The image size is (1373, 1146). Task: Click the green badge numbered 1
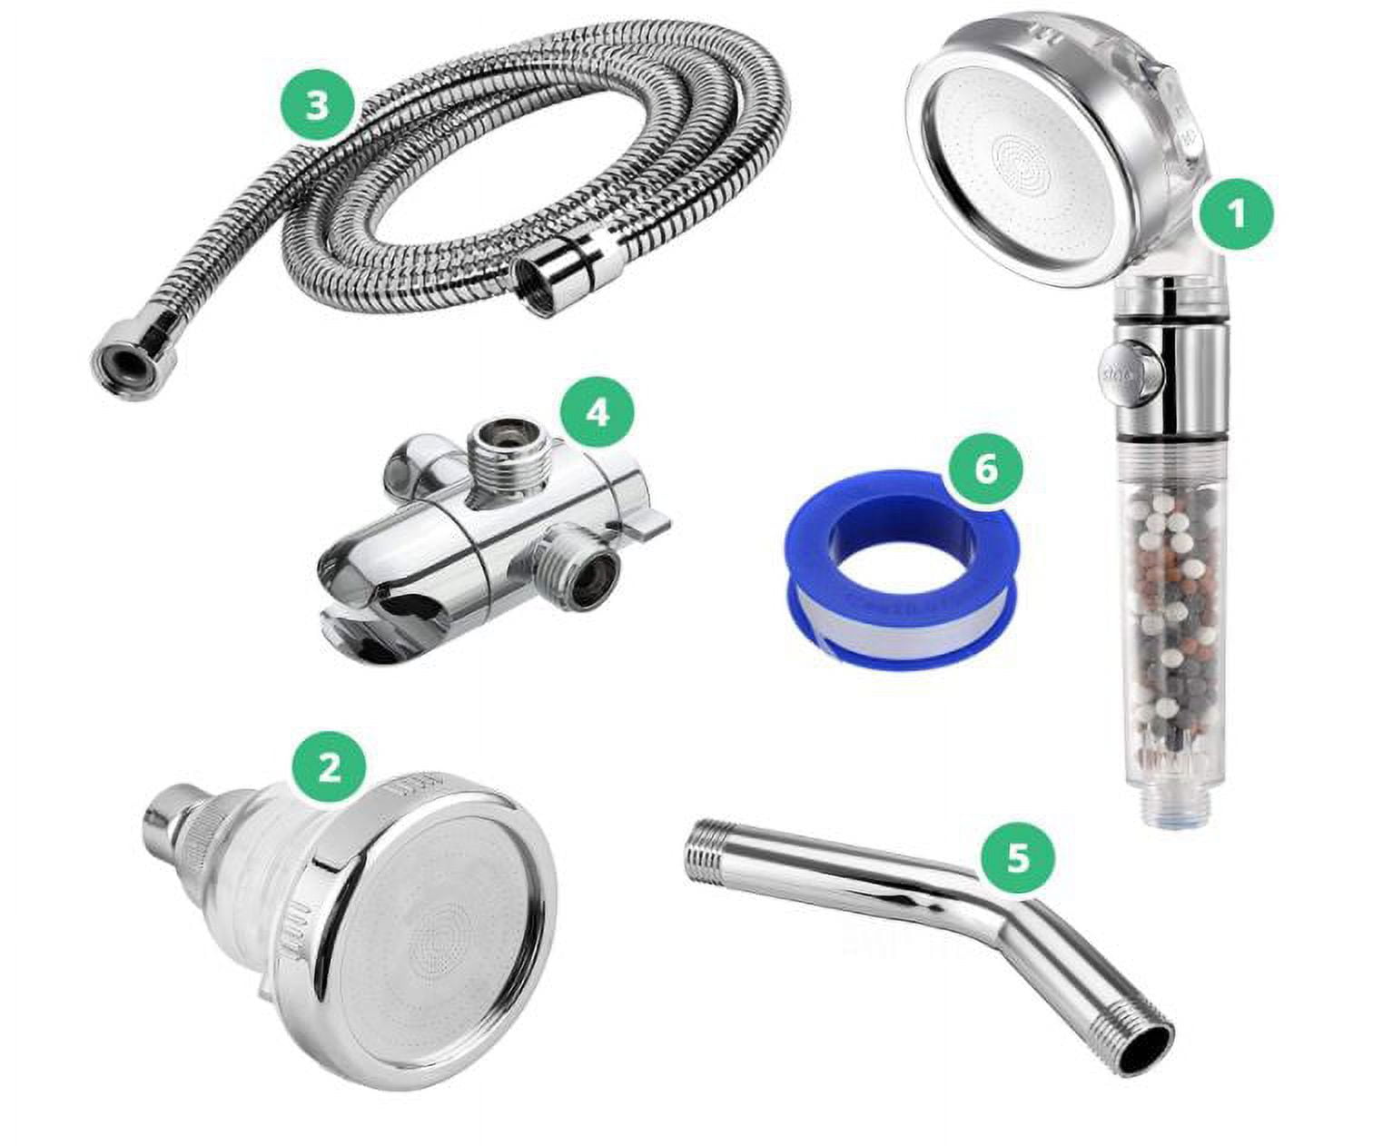(1235, 215)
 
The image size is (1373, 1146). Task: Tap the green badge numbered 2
(328, 769)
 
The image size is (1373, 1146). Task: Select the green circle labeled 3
(316, 105)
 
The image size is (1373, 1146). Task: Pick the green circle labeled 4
(596, 412)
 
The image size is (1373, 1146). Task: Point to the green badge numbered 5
(1018, 857)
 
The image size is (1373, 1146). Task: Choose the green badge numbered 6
(986, 469)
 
